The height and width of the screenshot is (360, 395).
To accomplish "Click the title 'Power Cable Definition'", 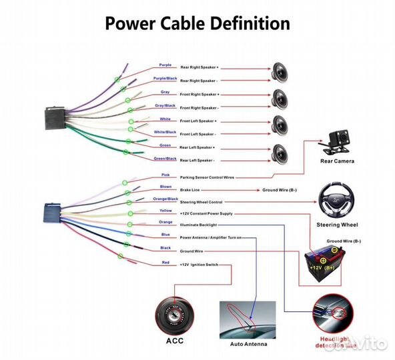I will pyautogui.click(x=197, y=23).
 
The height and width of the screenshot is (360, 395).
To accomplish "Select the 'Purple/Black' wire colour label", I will pyautogui.click(x=165, y=79).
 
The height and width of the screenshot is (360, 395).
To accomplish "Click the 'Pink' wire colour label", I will pyautogui.click(x=165, y=175).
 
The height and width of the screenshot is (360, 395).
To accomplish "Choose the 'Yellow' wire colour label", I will pyautogui.click(x=165, y=210).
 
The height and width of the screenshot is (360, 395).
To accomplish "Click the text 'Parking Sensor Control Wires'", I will pyautogui.click(x=207, y=178).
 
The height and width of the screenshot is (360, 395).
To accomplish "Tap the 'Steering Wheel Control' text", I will pyautogui.click(x=201, y=202).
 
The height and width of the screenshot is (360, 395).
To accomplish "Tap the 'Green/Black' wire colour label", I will pyautogui.click(x=165, y=159).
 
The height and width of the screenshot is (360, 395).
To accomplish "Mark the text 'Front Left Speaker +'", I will pyautogui.click(x=199, y=121).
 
